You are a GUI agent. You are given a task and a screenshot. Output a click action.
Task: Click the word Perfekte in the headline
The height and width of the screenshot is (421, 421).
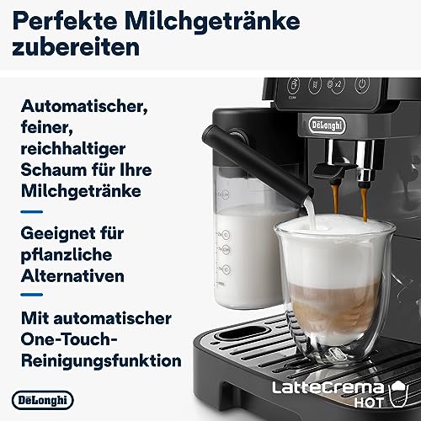point(65,20)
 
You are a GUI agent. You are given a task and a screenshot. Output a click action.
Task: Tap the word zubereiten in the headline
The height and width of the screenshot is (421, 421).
point(76,47)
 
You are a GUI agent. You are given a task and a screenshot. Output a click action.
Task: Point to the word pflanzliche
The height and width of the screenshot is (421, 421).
point(67,255)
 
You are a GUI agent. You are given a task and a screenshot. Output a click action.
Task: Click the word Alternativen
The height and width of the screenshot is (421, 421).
point(72,276)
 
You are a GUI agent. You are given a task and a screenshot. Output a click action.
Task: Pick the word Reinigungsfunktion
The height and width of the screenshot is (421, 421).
point(101,361)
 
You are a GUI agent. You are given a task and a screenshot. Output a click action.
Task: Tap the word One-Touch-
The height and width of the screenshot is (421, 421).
point(69,339)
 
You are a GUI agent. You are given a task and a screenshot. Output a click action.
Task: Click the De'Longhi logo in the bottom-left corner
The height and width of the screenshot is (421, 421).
point(43,400)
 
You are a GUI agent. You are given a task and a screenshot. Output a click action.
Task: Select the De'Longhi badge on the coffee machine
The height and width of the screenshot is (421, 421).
point(327,125)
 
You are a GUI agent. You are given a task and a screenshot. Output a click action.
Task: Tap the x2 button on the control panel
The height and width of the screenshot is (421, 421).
point(336,84)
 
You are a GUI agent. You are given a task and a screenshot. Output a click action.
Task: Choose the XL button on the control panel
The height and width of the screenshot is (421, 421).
point(315,85)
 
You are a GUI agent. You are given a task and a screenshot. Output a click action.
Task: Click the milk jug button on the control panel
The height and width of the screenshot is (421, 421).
point(294,85)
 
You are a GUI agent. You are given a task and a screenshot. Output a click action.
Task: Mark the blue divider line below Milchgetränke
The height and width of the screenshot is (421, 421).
point(32,211)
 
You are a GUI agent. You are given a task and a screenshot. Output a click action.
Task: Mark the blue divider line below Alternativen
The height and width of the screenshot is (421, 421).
point(32,295)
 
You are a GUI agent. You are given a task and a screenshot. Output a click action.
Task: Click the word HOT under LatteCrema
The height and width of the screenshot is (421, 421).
point(369,402)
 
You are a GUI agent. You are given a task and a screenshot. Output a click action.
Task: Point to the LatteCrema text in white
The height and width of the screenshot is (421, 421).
point(328,388)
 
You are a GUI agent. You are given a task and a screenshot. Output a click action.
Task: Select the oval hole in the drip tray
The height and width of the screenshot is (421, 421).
point(239,333)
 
